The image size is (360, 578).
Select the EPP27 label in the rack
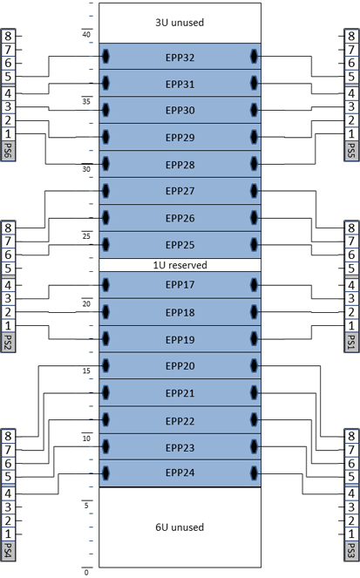[x=180, y=191]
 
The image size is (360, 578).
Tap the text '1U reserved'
[x=180, y=264]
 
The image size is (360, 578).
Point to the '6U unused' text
[x=180, y=527]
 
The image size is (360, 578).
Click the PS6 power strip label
[x=8, y=151]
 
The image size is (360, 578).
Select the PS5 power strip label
[x=351, y=151]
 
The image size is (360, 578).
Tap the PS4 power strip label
[x=8, y=550]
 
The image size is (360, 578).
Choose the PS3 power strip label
[x=351, y=550]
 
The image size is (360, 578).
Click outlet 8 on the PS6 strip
[x=8, y=37]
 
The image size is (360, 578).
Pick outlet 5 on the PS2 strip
[x=8, y=269]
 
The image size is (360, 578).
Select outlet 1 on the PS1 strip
[x=351, y=325]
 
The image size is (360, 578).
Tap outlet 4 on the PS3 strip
[x=351, y=493]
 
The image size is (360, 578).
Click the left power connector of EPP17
[x=106, y=284]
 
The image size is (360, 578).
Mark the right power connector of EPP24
[x=254, y=473]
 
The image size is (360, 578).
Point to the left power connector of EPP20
[x=106, y=365]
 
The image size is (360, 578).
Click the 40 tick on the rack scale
[x=86, y=35]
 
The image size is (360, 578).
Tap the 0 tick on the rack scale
[x=86, y=573]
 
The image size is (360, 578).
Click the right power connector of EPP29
[x=254, y=137]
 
